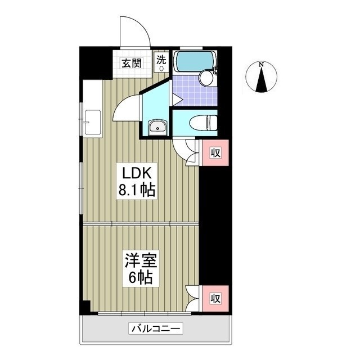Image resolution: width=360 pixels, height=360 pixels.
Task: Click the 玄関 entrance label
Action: (132, 63)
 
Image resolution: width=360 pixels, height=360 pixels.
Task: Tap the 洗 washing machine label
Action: (161, 60)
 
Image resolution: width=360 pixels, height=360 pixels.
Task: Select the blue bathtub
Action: (195, 61)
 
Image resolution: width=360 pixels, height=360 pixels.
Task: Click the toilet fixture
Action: (203, 123)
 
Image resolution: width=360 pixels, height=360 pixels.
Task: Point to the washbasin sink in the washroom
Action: (157, 128)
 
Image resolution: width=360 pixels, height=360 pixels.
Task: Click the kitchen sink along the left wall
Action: (92, 123)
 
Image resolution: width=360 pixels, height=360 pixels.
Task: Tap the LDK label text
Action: (137, 173)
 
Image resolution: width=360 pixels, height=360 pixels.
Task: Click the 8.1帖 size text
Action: (137, 190)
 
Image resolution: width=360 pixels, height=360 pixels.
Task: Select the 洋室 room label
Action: (141, 260)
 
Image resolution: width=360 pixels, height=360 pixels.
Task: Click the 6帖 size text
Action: (141, 277)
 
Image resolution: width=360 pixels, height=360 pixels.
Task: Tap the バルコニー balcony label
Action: (156, 328)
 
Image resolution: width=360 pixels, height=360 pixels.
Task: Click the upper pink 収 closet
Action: (215, 152)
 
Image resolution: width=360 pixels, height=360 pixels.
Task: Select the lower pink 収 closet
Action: (215, 299)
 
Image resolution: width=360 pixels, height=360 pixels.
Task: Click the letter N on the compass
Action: (261, 65)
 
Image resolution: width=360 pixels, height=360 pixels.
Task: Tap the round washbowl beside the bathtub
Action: (206, 78)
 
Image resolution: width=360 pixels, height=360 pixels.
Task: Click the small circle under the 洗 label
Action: (161, 69)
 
